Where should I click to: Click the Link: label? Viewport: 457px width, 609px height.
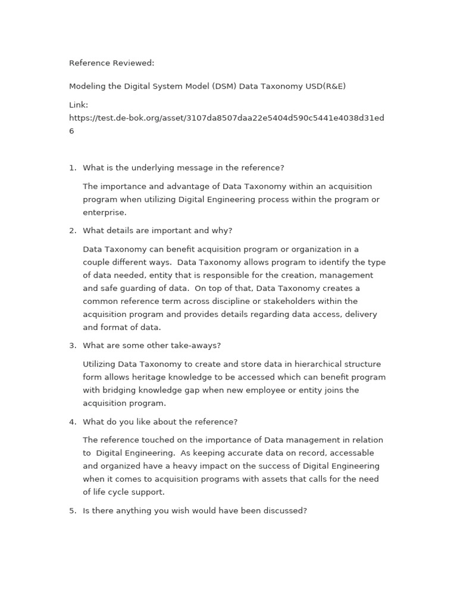tap(79, 105)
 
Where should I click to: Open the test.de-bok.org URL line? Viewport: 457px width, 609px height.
tap(226, 118)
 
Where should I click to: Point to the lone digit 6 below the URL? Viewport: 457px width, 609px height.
tap(71, 131)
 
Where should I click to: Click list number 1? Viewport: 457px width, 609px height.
tap(72, 168)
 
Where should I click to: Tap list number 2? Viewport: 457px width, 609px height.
tap(72, 231)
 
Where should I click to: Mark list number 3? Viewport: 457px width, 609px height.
tap(72, 346)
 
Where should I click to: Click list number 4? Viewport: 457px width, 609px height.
tap(72, 422)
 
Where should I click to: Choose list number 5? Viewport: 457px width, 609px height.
tap(72, 511)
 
